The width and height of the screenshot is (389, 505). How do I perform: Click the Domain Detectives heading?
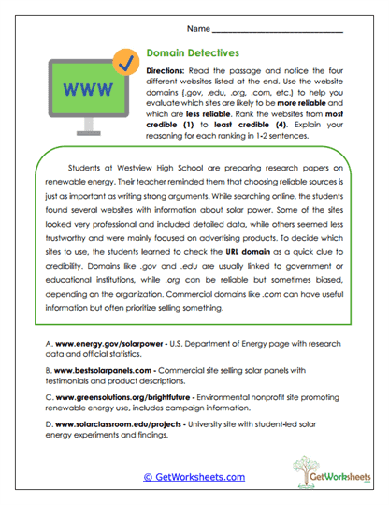point(194,55)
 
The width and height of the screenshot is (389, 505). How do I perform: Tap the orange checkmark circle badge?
point(122,62)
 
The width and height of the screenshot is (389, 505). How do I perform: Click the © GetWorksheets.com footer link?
point(194,476)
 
